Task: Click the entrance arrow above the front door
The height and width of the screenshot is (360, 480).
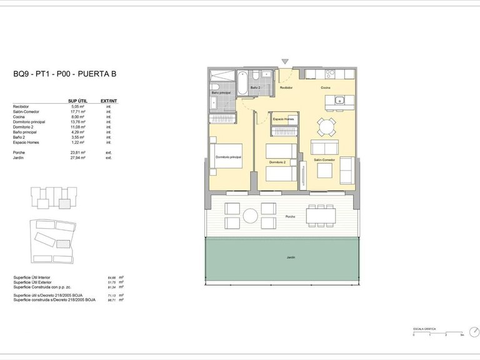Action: (x=285, y=61)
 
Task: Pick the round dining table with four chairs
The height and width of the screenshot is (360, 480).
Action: (x=324, y=127)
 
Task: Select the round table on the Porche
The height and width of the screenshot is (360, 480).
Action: (x=251, y=216)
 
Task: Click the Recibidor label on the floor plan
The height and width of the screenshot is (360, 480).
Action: (x=286, y=88)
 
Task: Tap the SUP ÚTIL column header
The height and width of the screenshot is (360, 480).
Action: (x=77, y=101)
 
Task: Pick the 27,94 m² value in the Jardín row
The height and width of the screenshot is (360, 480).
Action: (x=77, y=158)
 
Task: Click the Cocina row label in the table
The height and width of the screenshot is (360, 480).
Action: (x=19, y=117)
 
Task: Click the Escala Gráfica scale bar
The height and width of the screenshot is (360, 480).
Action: (x=437, y=332)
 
